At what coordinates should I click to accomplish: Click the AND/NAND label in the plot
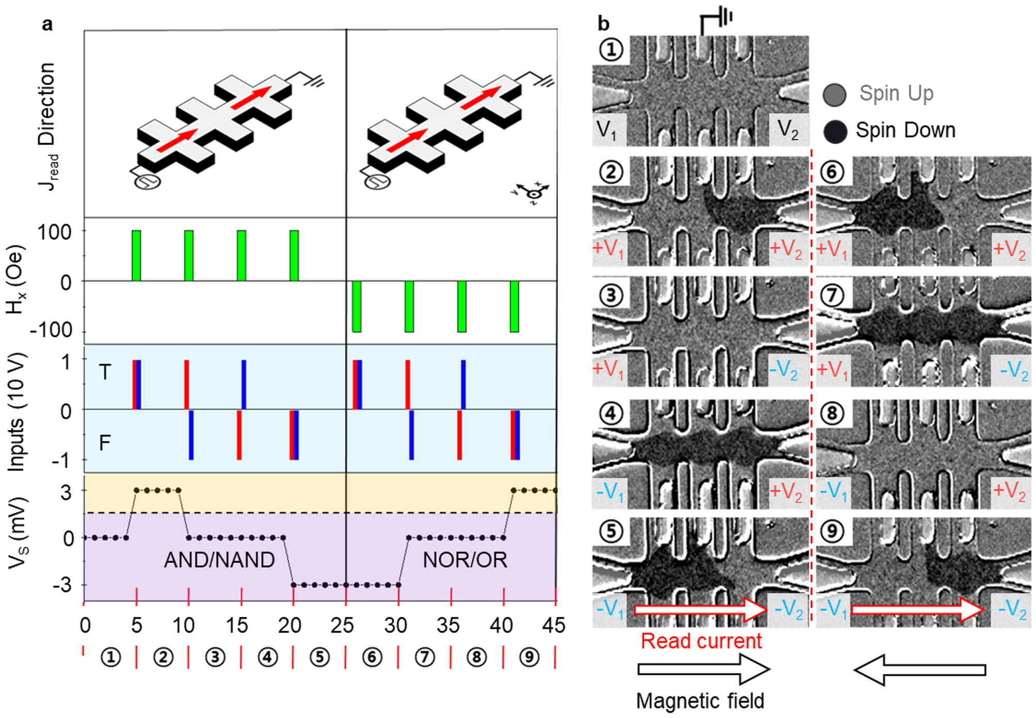[x=219, y=560]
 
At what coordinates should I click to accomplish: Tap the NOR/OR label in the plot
[x=465, y=560]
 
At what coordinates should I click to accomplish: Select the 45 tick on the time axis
[x=553, y=626]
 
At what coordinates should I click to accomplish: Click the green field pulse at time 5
[x=136, y=255]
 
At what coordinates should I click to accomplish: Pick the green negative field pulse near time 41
[x=514, y=306]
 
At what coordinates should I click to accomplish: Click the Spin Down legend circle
[x=835, y=131]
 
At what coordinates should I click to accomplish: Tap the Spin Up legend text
[x=896, y=94]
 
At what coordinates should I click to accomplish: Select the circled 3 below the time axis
[x=215, y=657]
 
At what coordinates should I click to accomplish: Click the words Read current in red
[x=701, y=641]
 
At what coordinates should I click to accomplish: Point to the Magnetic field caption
[x=700, y=701]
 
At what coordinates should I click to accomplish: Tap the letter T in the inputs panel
[x=105, y=372]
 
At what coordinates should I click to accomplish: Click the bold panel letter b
[x=603, y=23]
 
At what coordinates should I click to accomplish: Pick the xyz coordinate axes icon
[x=532, y=193]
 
